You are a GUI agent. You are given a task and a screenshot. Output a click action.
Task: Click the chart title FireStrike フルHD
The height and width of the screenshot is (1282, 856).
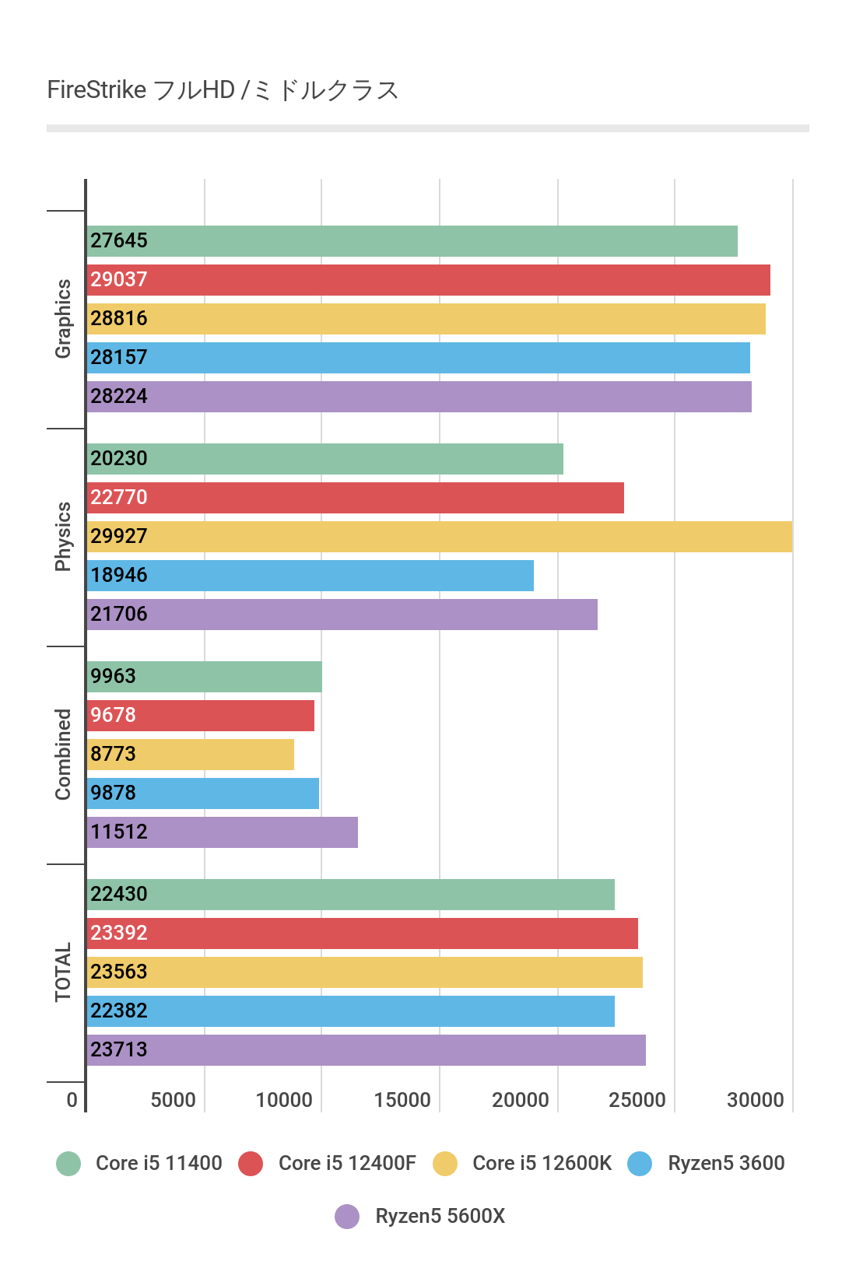click(x=223, y=90)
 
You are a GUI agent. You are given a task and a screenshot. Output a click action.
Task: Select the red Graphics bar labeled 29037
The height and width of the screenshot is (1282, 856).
click(x=428, y=280)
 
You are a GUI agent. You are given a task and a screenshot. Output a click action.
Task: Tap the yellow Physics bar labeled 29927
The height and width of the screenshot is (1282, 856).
click(x=440, y=537)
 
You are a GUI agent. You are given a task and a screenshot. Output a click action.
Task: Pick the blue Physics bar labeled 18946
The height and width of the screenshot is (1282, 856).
click(x=310, y=576)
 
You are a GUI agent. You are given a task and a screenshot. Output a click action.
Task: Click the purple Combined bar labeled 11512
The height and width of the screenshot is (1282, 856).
click(x=223, y=832)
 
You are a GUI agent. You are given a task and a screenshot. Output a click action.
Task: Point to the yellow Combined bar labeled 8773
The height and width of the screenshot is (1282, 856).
click(x=191, y=755)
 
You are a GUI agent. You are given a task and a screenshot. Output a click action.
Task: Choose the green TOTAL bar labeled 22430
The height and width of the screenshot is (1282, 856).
click(x=351, y=895)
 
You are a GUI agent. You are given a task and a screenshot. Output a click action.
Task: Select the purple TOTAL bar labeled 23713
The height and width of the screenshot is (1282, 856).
click(x=367, y=1050)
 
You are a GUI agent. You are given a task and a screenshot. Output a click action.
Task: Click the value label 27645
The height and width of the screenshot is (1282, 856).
click(x=119, y=240)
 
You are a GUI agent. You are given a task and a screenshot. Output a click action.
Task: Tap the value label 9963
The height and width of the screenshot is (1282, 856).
click(x=113, y=676)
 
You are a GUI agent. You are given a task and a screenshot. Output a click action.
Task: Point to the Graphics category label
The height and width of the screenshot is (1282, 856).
click(x=63, y=319)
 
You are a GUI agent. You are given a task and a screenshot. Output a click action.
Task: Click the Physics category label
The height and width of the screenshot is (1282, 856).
click(x=63, y=537)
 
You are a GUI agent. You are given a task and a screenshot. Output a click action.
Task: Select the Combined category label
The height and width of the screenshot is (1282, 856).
click(x=63, y=755)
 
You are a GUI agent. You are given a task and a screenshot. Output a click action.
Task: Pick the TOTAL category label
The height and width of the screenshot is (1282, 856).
click(x=63, y=972)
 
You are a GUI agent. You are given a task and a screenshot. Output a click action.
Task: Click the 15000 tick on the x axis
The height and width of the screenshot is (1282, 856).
click(x=402, y=1100)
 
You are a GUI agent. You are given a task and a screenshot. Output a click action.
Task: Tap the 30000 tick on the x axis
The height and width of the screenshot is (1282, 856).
click(x=755, y=1100)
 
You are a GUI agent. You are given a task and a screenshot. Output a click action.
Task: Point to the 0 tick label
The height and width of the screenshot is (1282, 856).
click(x=72, y=1100)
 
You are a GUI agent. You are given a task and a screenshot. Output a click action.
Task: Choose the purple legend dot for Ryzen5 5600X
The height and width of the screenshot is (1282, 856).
click(x=347, y=1216)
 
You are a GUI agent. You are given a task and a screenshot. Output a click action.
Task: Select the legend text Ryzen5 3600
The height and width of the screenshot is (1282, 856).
click(x=726, y=1163)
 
